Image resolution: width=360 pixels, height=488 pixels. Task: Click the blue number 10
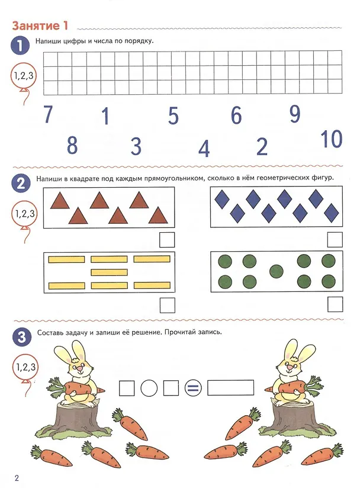pos(332,139)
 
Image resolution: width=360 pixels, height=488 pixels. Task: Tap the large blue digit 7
pos(48,114)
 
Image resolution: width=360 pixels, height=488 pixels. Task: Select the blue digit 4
pos(204,149)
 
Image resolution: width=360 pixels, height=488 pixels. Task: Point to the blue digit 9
pos(295,114)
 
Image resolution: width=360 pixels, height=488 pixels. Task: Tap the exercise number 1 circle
pos(20,46)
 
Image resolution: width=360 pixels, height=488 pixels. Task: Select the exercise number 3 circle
pos(22,337)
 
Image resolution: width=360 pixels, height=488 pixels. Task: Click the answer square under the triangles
pos(167,240)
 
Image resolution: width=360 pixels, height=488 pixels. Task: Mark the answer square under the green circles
pos(335,304)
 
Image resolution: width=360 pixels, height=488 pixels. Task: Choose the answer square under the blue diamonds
pos(335,240)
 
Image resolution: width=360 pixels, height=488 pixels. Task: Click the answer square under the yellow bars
pos(168,306)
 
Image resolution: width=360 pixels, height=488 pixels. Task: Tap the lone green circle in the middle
pos(277,271)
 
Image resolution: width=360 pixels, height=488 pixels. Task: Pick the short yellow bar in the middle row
pos(109,272)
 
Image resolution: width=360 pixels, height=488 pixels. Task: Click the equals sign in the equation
pos(193,389)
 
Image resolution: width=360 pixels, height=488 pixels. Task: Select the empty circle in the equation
pos(149,389)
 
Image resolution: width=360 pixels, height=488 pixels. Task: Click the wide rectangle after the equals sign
pos(230,388)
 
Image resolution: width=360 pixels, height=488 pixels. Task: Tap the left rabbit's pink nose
pos(80,369)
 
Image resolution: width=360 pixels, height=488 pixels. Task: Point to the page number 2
pos(17,478)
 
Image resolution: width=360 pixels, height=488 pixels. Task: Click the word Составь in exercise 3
pos(50,332)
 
